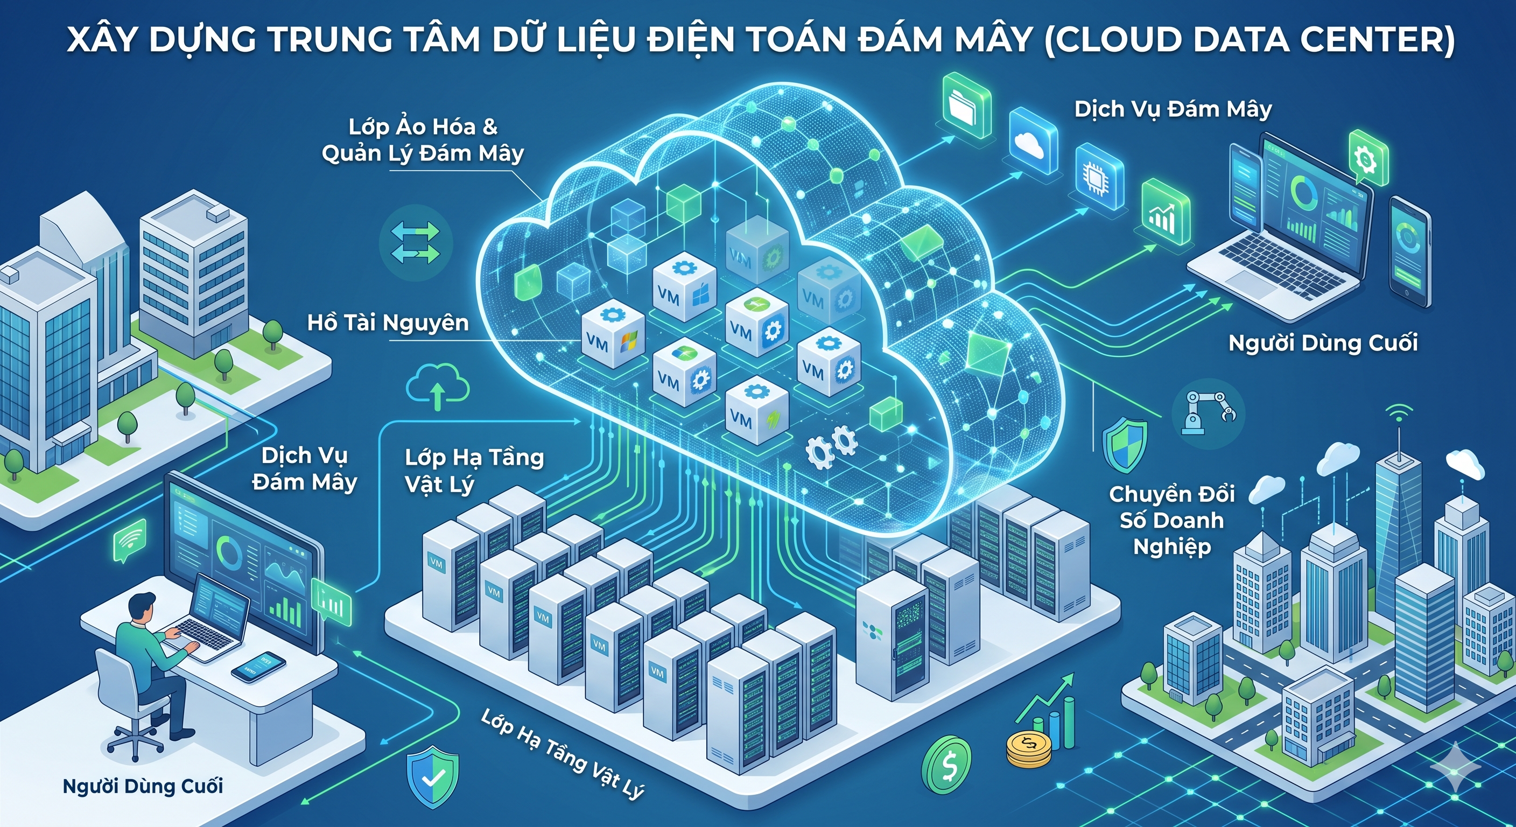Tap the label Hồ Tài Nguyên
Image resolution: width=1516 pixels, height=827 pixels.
coord(388,323)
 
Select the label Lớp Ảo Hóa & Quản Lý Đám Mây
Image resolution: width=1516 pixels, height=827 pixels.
coord(423,140)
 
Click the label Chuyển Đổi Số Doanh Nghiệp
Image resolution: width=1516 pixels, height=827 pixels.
coord(1171,520)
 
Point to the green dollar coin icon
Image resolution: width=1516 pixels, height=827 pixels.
coord(946,767)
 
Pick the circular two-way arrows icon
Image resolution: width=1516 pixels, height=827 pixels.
coord(416,242)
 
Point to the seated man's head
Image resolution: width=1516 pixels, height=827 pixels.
coord(141,606)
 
